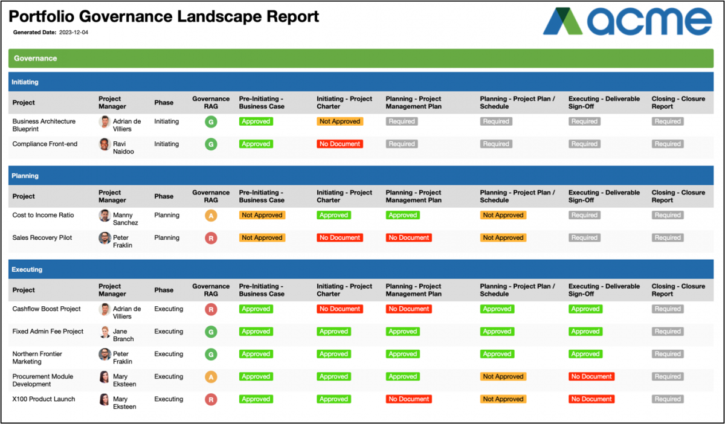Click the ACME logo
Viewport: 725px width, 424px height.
tap(627, 22)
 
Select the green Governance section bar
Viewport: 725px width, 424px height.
tap(361, 59)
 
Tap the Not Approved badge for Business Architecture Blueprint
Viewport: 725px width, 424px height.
tap(340, 121)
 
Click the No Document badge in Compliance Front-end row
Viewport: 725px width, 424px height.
tap(340, 144)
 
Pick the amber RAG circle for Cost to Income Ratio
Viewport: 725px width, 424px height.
tap(211, 216)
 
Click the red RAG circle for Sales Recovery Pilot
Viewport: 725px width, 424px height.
tap(211, 238)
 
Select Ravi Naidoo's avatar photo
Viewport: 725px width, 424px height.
tap(105, 144)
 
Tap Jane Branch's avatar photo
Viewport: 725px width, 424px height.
tap(105, 332)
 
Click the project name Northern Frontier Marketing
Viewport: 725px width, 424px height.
tap(37, 358)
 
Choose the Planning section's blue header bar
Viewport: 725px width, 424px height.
tap(361, 176)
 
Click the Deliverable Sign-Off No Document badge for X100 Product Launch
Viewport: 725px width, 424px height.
tap(591, 399)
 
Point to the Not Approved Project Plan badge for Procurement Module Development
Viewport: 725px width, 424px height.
tap(503, 377)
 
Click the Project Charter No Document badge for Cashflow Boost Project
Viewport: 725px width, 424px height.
tap(340, 309)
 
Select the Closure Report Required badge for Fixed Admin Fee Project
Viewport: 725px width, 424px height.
tap(668, 332)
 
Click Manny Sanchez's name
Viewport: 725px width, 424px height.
tap(125, 219)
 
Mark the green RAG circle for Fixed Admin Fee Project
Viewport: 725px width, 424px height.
tap(211, 332)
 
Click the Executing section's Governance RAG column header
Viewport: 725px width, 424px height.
tap(211, 290)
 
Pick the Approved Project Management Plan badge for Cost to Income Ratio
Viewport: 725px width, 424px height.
tap(402, 216)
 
